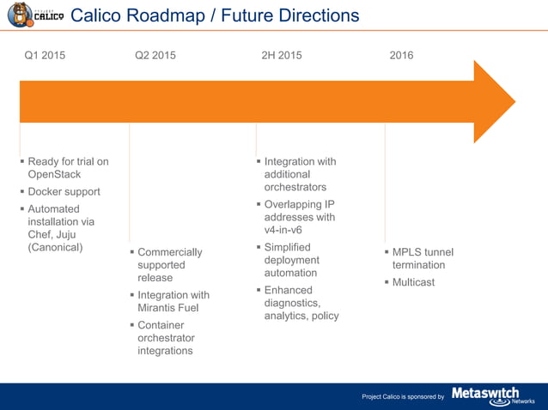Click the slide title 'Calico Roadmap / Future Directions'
[x=214, y=15]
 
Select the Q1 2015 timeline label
[x=45, y=56]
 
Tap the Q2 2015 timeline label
[x=155, y=56]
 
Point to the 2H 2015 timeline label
[x=282, y=56]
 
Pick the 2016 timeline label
[x=401, y=56]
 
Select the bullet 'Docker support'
[x=64, y=192]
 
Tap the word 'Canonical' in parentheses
[x=56, y=248]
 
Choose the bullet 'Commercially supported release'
[x=169, y=265]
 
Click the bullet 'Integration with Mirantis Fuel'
[x=173, y=301]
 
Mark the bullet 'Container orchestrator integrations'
[x=165, y=338]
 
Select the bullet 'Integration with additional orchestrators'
[x=300, y=174]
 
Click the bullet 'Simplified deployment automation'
[x=291, y=260]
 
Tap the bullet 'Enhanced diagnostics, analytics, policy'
[x=301, y=303]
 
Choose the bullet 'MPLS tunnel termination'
[x=422, y=258]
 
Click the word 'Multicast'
[x=413, y=282]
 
